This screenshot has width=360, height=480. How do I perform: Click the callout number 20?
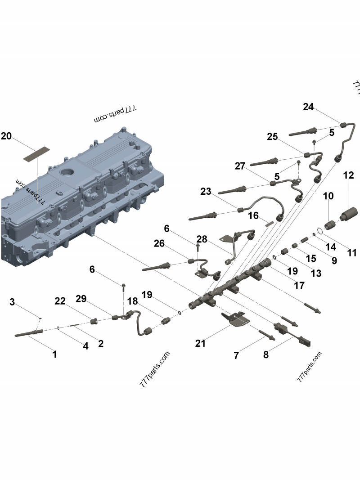[x=6, y=136]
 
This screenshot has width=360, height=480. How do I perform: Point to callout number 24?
[x=308, y=107]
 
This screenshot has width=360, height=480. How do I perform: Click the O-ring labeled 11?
[x=319, y=231]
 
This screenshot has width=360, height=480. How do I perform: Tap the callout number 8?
[x=266, y=354]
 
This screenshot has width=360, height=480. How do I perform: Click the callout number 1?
[x=54, y=354]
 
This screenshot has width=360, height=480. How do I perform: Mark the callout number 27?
[x=240, y=166]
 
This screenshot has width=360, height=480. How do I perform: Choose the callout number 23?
[x=206, y=192]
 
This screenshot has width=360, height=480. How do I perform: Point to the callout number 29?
[x=81, y=300]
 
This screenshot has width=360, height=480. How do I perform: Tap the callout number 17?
[x=299, y=285]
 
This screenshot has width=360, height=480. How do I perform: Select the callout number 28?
[x=202, y=239]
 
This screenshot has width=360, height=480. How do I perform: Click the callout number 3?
[x=13, y=302]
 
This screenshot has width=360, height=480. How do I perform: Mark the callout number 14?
[x=331, y=247]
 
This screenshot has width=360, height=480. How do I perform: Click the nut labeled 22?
[x=94, y=321]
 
